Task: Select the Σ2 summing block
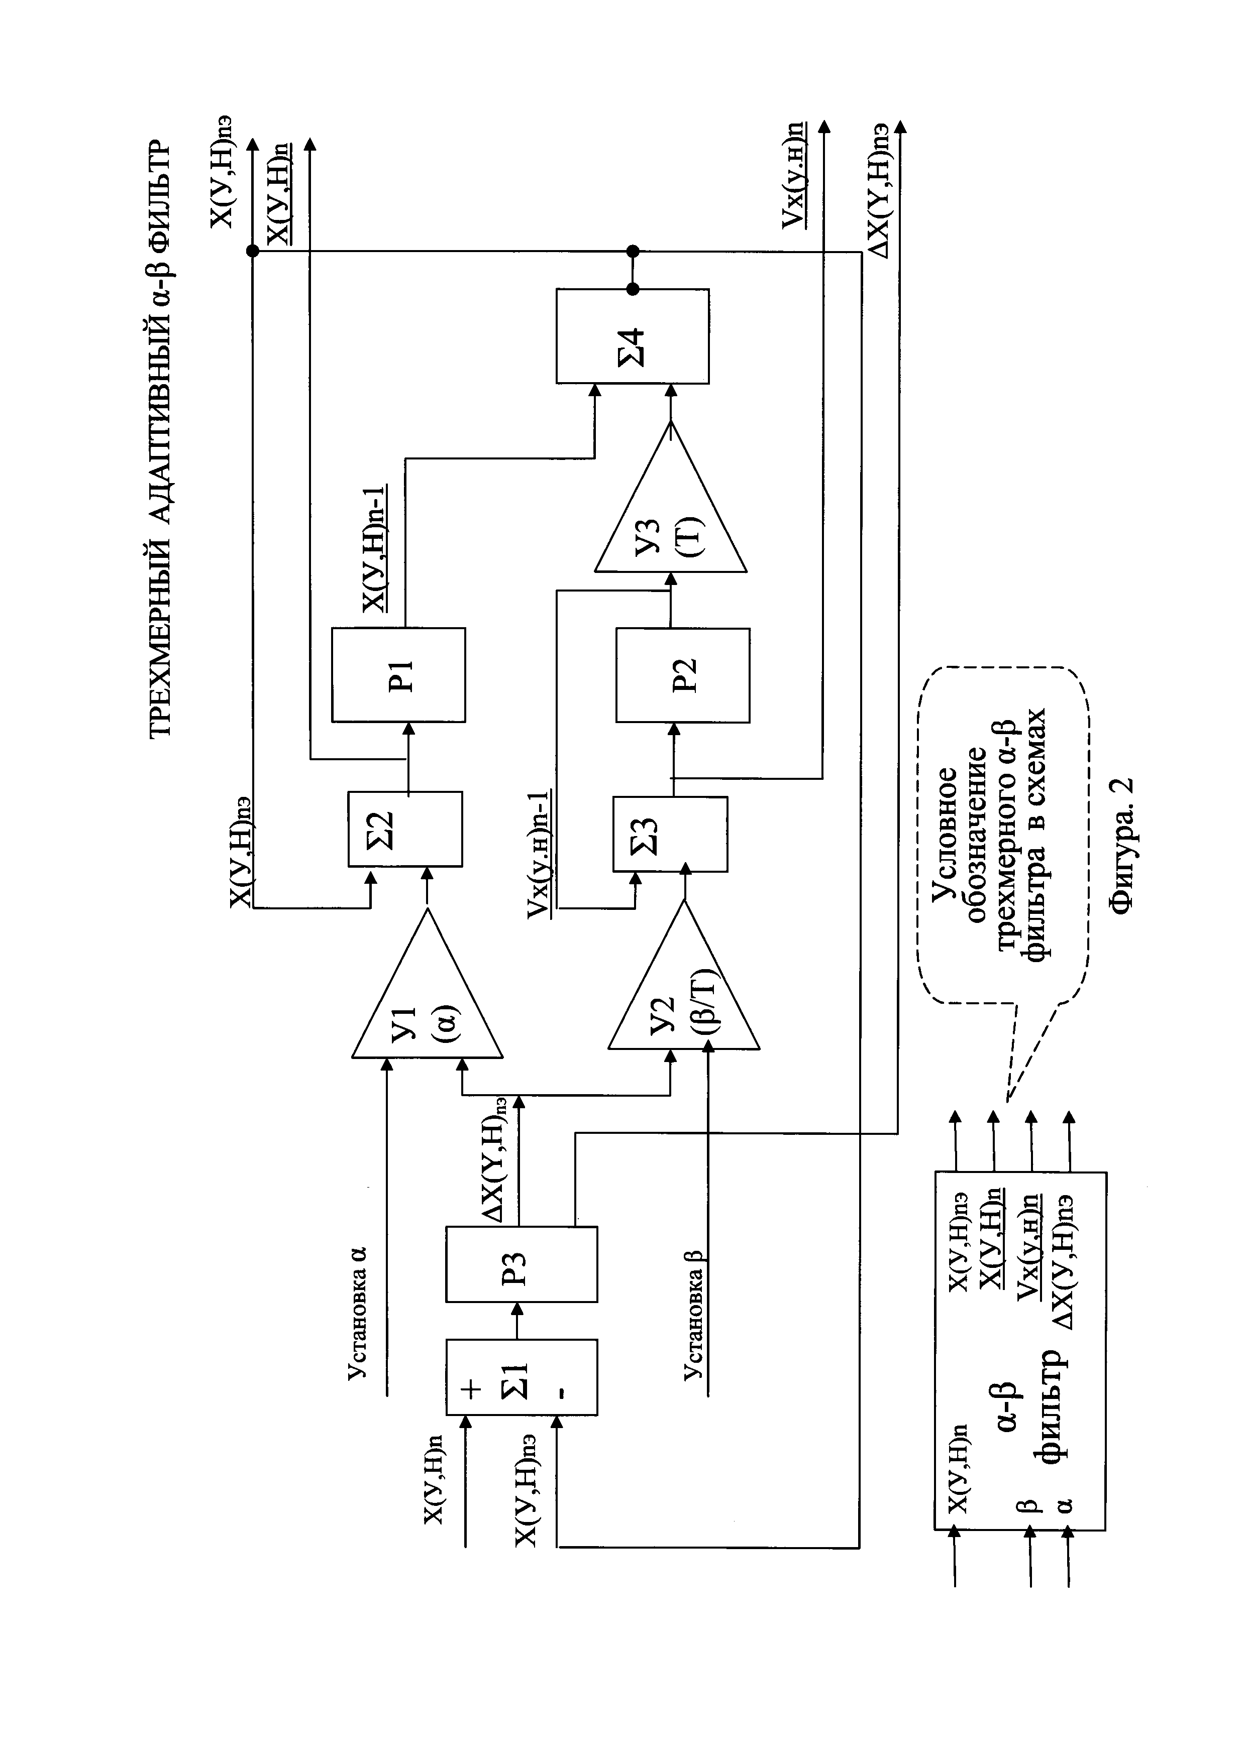(x=405, y=829)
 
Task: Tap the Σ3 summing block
(x=670, y=834)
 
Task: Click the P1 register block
(x=398, y=674)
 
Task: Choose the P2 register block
(x=682, y=674)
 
